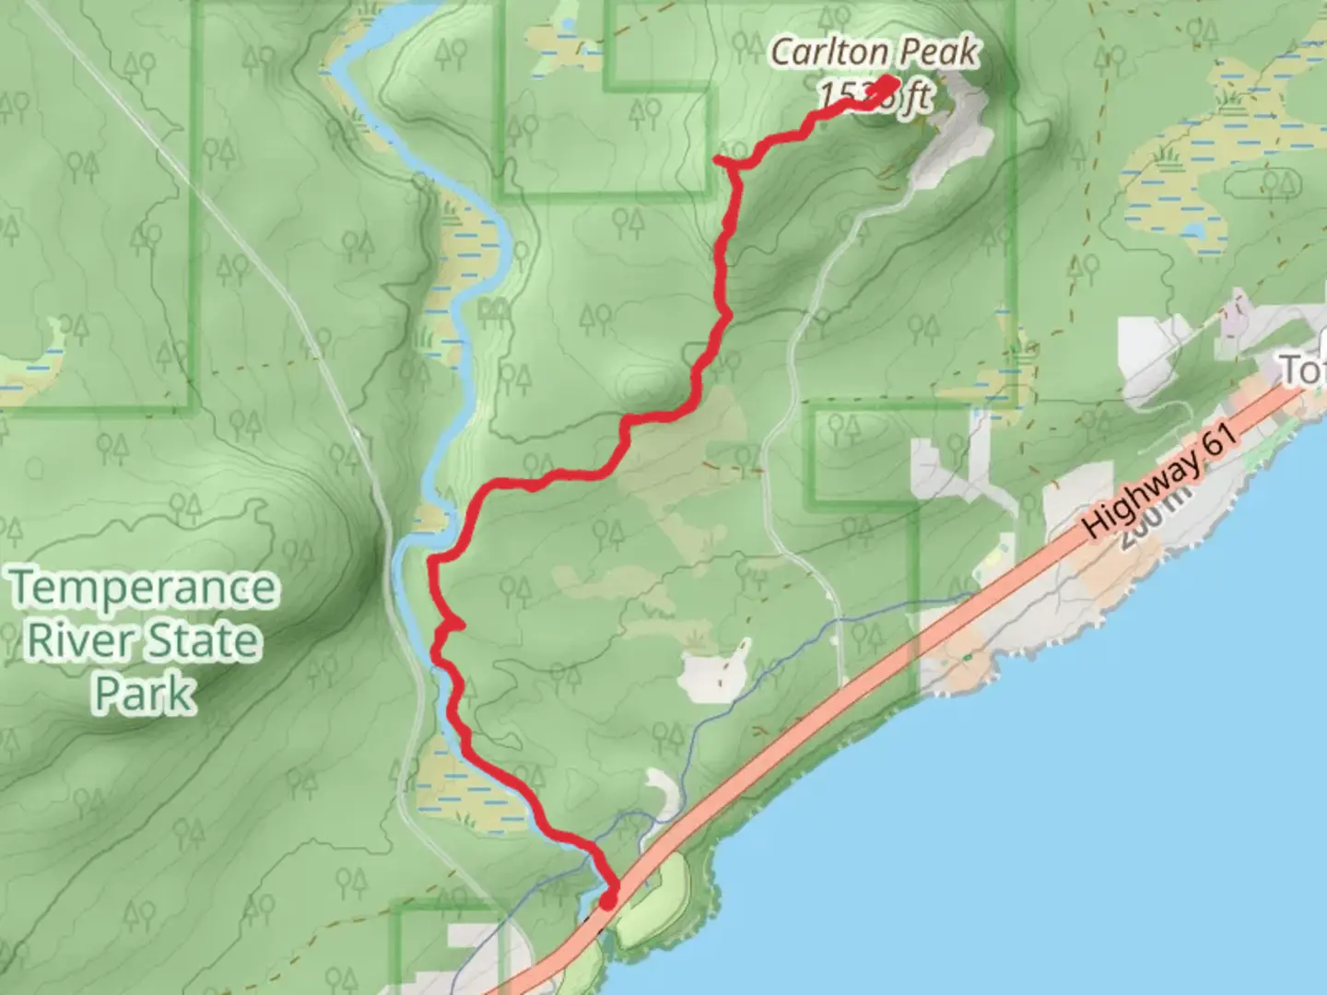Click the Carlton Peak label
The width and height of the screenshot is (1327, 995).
873,52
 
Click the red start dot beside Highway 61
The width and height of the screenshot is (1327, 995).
608,899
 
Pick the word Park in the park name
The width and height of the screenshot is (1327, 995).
146,693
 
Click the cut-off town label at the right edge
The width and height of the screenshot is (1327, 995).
1304,370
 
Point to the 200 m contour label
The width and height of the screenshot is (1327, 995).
1152,521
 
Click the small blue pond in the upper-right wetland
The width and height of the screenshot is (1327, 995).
1192,229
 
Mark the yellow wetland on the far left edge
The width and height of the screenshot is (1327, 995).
37,364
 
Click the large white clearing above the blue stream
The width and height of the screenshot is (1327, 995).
714,673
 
